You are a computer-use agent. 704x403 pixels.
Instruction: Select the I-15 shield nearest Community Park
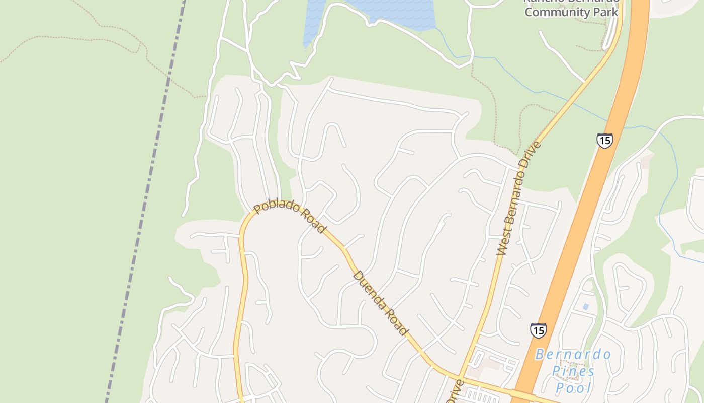click(x=604, y=140)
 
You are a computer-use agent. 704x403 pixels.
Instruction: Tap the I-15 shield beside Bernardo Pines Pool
click(x=538, y=330)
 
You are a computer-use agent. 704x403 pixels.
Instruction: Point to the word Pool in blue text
click(x=573, y=388)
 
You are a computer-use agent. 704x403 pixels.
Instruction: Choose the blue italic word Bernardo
click(x=573, y=354)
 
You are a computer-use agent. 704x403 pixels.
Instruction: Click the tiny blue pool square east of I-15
click(x=585, y=306)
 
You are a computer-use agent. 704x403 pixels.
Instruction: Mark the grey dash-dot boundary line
click(x=146, y=191)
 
